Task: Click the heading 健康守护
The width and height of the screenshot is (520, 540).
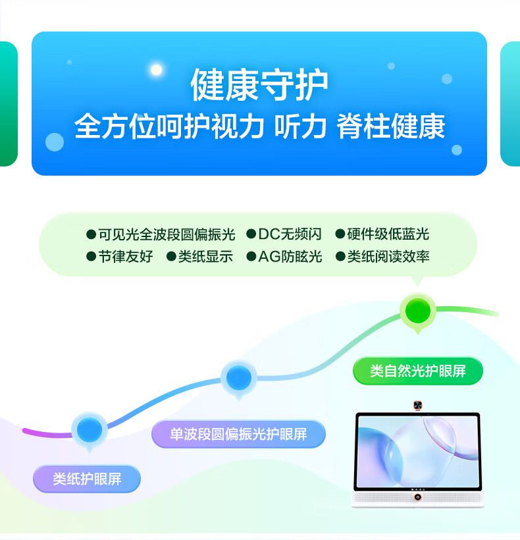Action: point(259,85)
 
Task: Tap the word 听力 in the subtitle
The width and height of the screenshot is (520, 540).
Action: point(300,126)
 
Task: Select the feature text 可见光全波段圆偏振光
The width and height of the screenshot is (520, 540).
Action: point(167,234)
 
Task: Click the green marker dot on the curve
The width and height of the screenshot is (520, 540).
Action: point(418,311)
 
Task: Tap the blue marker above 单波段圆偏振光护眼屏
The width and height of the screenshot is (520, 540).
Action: point(239,378)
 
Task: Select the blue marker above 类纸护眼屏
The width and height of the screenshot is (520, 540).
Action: point(90,430)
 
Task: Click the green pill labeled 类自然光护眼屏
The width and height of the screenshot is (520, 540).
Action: point(418,371)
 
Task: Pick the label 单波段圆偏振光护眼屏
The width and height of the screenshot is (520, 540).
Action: point(238,434)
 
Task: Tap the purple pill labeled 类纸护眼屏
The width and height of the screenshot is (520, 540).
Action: point(87,479)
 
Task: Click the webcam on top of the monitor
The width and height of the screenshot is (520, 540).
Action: point(418,406)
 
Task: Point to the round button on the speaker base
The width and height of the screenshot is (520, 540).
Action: point(418,497)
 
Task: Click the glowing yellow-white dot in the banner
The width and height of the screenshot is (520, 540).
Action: point(157,70)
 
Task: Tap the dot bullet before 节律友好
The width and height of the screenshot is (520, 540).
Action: point(91,257)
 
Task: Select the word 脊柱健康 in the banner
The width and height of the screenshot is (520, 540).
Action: point(390,126)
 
